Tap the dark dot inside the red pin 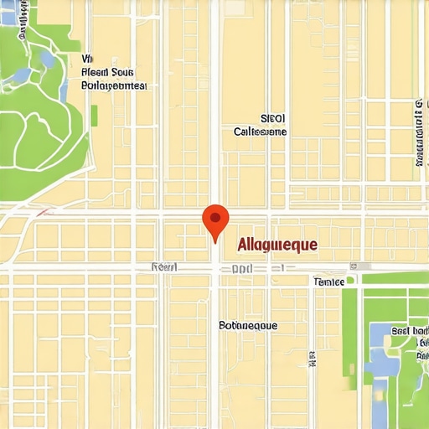tap(215, 218)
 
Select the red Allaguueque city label tap(277, 245)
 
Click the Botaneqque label tap(248, 325)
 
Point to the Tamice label tap(328, 282)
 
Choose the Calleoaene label tap(260, 132)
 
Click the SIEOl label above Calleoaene tap(273, 119)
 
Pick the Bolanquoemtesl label tap(114, 85)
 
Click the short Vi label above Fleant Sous tap(87, 59)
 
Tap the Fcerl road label tap(164, 266)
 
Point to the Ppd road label tap(242, 270)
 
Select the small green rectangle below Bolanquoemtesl tap(94, 115)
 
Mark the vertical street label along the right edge tap(418, 132)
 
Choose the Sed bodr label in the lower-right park tap(410, 331)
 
